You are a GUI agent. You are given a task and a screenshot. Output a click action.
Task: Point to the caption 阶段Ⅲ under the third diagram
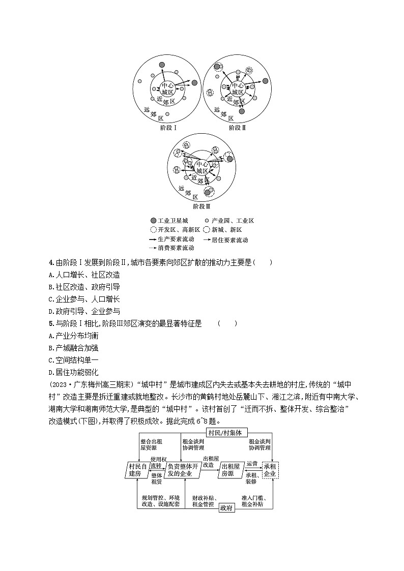pos(202,206)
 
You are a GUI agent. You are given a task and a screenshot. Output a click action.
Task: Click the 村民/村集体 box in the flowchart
pos(227,433)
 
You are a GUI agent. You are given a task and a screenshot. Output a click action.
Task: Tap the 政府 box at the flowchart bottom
pos(226,508)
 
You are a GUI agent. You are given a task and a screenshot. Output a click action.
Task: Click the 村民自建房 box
pos(135,470)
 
